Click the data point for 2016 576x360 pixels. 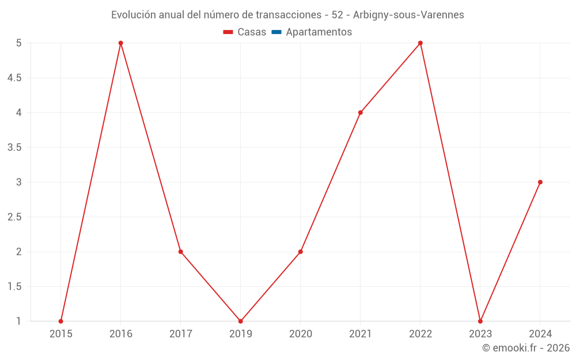pos(121,43)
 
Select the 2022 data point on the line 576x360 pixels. pos(420,43)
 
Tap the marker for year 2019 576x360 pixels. pos(241,321)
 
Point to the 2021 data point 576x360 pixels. pos(361,113)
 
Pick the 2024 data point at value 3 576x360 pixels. pos(540,182)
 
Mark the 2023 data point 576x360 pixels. pos(480,321)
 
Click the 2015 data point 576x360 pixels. pos(61,321)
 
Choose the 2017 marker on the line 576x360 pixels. pos(181,252)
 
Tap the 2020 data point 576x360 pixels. pos(301,252)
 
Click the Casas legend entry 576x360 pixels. pos(245,32)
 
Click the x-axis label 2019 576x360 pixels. pos(241,334)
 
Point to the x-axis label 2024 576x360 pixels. pos(540,334)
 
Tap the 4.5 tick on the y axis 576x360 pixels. pos(14,78)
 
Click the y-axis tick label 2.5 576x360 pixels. pos(14,217)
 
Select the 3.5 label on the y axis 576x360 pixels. pos(14,147)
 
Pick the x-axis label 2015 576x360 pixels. pos(61,334)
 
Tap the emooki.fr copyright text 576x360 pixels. pos(526,348)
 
